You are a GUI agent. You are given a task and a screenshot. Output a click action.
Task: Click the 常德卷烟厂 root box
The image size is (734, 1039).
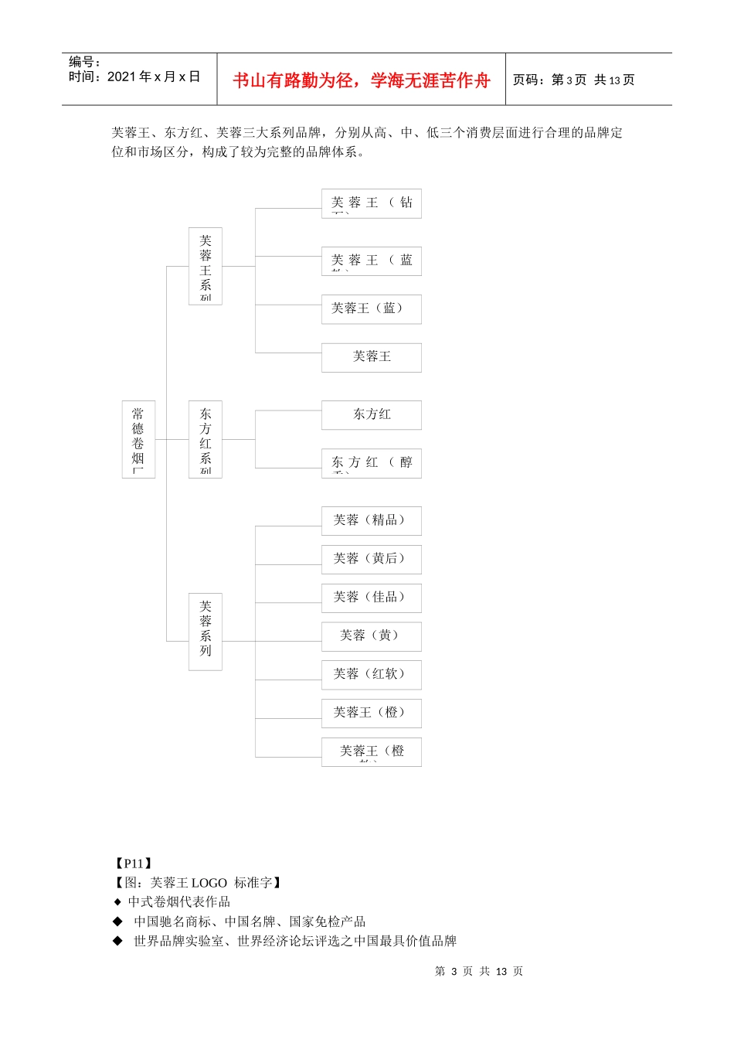pyautogui.click(x=138, y=439)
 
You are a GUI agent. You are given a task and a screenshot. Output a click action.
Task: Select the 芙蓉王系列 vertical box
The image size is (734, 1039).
pyautogui.click(x=205, y=266)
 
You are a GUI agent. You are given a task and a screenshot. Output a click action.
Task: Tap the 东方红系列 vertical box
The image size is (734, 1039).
pyautogui.click(x=205, y=439)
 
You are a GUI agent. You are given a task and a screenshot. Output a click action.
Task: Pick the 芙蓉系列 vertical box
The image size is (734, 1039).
pyautogui.click(x=205, y=632)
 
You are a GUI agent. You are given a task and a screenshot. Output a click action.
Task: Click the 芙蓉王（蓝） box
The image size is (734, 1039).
pyautogui.click(x=371, y=309)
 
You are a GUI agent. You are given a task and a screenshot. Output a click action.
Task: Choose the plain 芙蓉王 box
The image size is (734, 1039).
pyautogui.click(x=371, y=357)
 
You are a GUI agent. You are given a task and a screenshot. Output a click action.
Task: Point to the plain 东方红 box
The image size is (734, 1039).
pyautogui.click(x=371, y=415)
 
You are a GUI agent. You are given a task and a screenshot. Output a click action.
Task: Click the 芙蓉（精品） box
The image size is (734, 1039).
pyautogui.click(x=371, y=520)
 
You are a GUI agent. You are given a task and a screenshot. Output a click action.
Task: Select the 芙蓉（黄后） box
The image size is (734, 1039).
pyautogui.click(x=371, y=559)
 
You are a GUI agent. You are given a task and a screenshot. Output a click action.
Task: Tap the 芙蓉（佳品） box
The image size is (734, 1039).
pyautogui.click(x=371, y=598)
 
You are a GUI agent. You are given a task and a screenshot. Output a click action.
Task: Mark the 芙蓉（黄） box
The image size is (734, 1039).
pyautogui.click(x=371, y=636)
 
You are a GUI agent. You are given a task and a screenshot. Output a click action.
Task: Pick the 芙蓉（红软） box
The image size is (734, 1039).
pyautogui.click(x=371, y=675)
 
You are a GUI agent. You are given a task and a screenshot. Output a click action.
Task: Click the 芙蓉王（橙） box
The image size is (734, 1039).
pyautogui.click(x=371, y=713)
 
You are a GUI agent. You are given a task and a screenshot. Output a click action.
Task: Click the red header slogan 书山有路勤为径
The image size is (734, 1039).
pyautogui.click(x=361, y=80)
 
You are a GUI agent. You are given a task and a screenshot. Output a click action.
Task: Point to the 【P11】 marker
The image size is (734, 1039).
pyautogui.click(x=133, y=864)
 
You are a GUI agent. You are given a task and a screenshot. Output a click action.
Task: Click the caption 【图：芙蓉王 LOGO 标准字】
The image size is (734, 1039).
pyautogui.click(x=198, y=883)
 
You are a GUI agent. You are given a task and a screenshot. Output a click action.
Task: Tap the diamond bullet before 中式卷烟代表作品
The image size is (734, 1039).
pyautogui.click(x=117, y=902)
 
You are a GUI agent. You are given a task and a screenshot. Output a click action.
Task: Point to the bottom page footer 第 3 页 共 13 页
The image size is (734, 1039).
pyautogui.click(x=478, y=972)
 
